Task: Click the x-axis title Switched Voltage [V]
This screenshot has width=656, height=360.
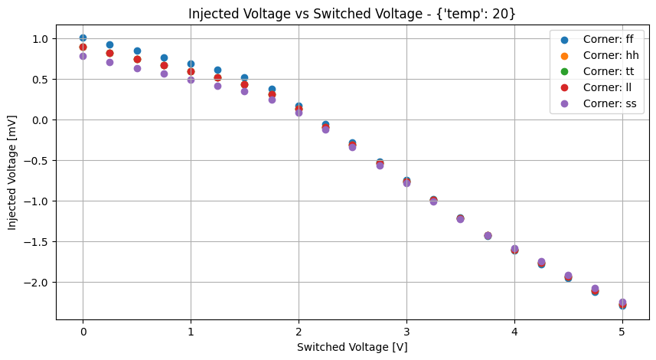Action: (352, 347)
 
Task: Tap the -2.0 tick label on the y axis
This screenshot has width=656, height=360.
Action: (34, 282)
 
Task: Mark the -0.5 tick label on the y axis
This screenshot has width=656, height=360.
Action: (34, 160)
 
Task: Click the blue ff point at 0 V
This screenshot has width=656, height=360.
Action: (83, 38)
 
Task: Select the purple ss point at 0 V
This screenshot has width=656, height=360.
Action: (83, 56)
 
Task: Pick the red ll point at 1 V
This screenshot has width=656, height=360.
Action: (191, 71)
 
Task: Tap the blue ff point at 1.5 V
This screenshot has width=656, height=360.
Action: (244, 77)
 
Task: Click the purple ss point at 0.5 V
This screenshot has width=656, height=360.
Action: (137, 68)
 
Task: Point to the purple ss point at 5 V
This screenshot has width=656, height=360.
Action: (622, 302)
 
